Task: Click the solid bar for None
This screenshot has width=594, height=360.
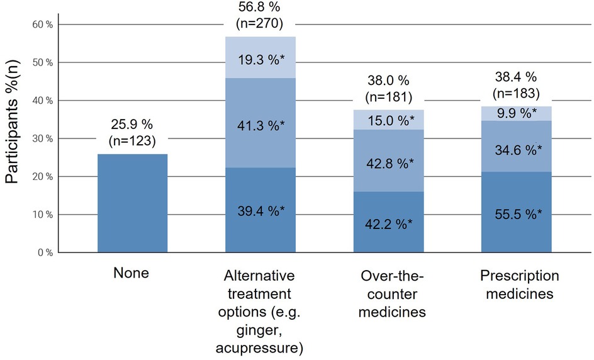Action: tap(132, 203)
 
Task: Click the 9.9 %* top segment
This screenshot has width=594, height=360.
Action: tap(516, 114)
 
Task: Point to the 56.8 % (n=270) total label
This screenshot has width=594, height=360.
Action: tap(261, 18)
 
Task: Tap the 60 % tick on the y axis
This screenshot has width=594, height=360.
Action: tap(45, 25)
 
